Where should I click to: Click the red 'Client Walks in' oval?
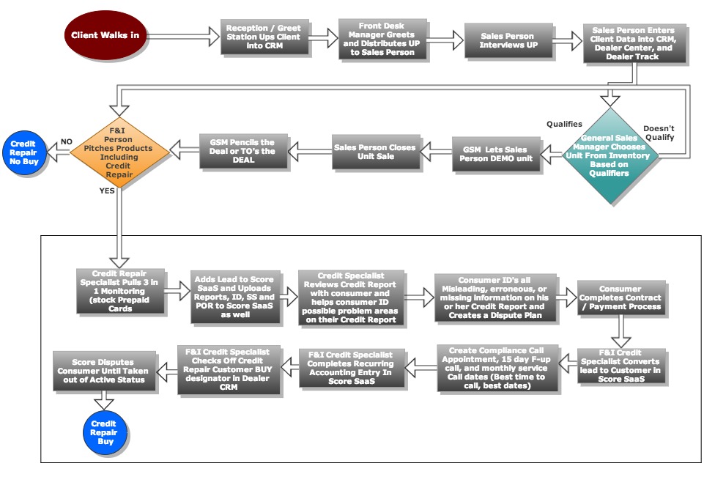(x=105, y=35)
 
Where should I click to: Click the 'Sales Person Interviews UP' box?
(x=507, y=40)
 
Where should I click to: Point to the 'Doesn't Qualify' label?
(x=659, y=133)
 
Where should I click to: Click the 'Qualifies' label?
(x=564, y=125)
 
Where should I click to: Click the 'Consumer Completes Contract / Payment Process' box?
(x=620, y=298)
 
